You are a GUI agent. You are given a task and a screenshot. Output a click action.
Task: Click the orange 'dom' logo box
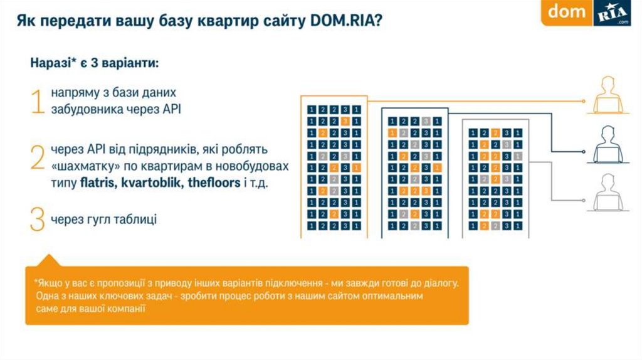[567, 13]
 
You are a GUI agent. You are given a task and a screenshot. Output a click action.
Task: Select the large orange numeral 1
[38, 101]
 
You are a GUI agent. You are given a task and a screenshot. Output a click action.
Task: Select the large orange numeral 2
[38, 159]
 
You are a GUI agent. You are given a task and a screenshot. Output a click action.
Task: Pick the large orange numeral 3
[38, 220]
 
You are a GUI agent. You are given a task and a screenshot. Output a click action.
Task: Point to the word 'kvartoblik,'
[151, 183]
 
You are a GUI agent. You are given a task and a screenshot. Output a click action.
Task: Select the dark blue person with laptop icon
[607, 144]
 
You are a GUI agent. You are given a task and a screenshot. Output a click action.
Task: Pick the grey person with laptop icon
[607, 193]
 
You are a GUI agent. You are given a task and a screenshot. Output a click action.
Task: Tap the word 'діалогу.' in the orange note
[443, 283]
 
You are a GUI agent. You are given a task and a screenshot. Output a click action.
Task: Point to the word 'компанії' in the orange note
[125, 309]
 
